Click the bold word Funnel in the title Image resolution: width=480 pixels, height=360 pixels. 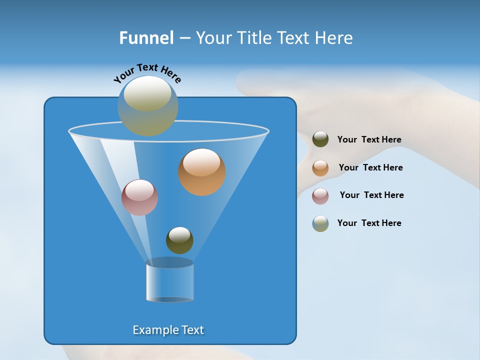point(146,38)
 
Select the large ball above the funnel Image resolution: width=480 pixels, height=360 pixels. point(147,106)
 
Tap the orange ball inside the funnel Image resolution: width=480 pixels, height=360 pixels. point(202,172)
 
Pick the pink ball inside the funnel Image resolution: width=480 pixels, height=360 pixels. point(139,197)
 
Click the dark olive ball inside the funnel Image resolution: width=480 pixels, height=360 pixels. point(179,240)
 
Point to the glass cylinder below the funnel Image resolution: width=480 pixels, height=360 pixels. point(169,281)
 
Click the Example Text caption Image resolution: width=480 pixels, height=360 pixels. point(168,330)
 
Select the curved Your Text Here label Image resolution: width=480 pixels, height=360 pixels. point(147,73)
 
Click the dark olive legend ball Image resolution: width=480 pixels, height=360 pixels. point(320,139)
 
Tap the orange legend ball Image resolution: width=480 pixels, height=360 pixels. point(320,167)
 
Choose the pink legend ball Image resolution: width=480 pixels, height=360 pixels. point(320,195)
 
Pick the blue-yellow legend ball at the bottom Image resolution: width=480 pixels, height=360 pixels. point(320,223)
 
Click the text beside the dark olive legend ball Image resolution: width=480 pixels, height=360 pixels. point(369,139)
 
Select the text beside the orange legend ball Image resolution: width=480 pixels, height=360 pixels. point(370,167)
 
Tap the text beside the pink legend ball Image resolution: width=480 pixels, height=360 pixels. point(371,195)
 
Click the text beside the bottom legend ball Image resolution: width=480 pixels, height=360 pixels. point(369,223)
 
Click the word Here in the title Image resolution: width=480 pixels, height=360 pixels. point(335,38)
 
